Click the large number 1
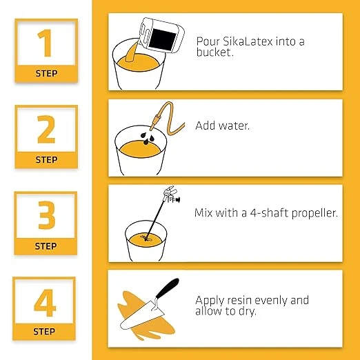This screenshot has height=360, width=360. pos(45,43)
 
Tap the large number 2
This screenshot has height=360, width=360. pos(46,129)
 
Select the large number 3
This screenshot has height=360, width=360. pos(47,215)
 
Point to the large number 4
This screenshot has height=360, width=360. pos(45,303)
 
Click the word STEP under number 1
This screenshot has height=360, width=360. pos(46,74)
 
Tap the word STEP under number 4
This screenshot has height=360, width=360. pos(44,332)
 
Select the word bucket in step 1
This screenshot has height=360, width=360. pos(214,52)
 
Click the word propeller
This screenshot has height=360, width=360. pos(314,213)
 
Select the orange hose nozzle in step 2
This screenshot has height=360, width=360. pos(154,121)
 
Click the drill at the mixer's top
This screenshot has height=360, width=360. pos(171,194)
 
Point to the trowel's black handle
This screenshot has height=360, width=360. pos(168,288)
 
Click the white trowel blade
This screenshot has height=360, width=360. pos(142,314)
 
